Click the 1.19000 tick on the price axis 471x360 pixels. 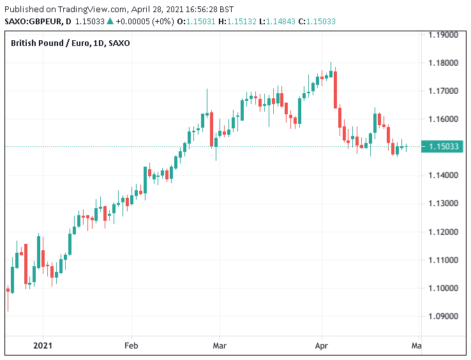(443, 34)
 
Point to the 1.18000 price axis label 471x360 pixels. (443, 63)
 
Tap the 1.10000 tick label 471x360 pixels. (443, 288)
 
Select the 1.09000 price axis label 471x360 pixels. (443, 316)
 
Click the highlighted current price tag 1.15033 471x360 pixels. (443, 147)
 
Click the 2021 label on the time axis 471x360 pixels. (43, 346)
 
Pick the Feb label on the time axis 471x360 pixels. (131, 346)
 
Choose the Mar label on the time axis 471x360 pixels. (219, 346)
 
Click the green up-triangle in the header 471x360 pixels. (109, 21)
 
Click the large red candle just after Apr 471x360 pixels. (335, 89)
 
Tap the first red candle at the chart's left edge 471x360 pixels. (8, 290)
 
